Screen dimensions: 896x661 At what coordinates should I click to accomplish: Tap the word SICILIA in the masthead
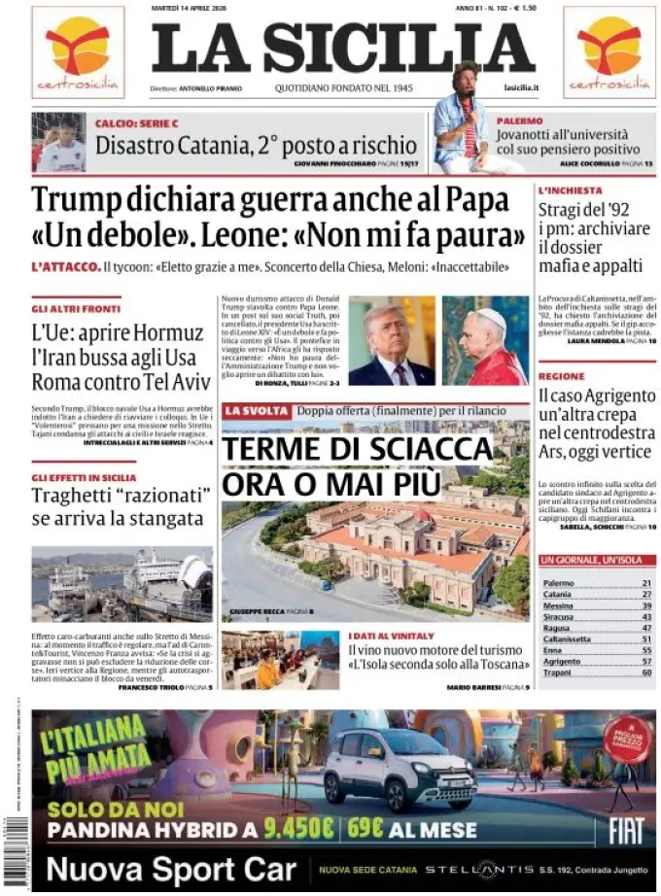[399, 48]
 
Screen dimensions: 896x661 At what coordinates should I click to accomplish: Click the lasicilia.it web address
[521, 87]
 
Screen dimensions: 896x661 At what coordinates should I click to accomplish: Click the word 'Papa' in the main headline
[476, 201]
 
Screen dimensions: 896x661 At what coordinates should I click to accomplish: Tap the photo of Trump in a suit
[391, 341]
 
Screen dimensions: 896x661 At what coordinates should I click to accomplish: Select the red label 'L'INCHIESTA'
[571, 190]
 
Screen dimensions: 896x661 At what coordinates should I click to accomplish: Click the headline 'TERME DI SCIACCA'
[358, 450]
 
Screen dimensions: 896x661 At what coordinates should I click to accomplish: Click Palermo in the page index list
[559, 583]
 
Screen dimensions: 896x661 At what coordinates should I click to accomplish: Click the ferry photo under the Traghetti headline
[122, 584]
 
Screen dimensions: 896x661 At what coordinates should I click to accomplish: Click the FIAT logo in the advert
[625, 829]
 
